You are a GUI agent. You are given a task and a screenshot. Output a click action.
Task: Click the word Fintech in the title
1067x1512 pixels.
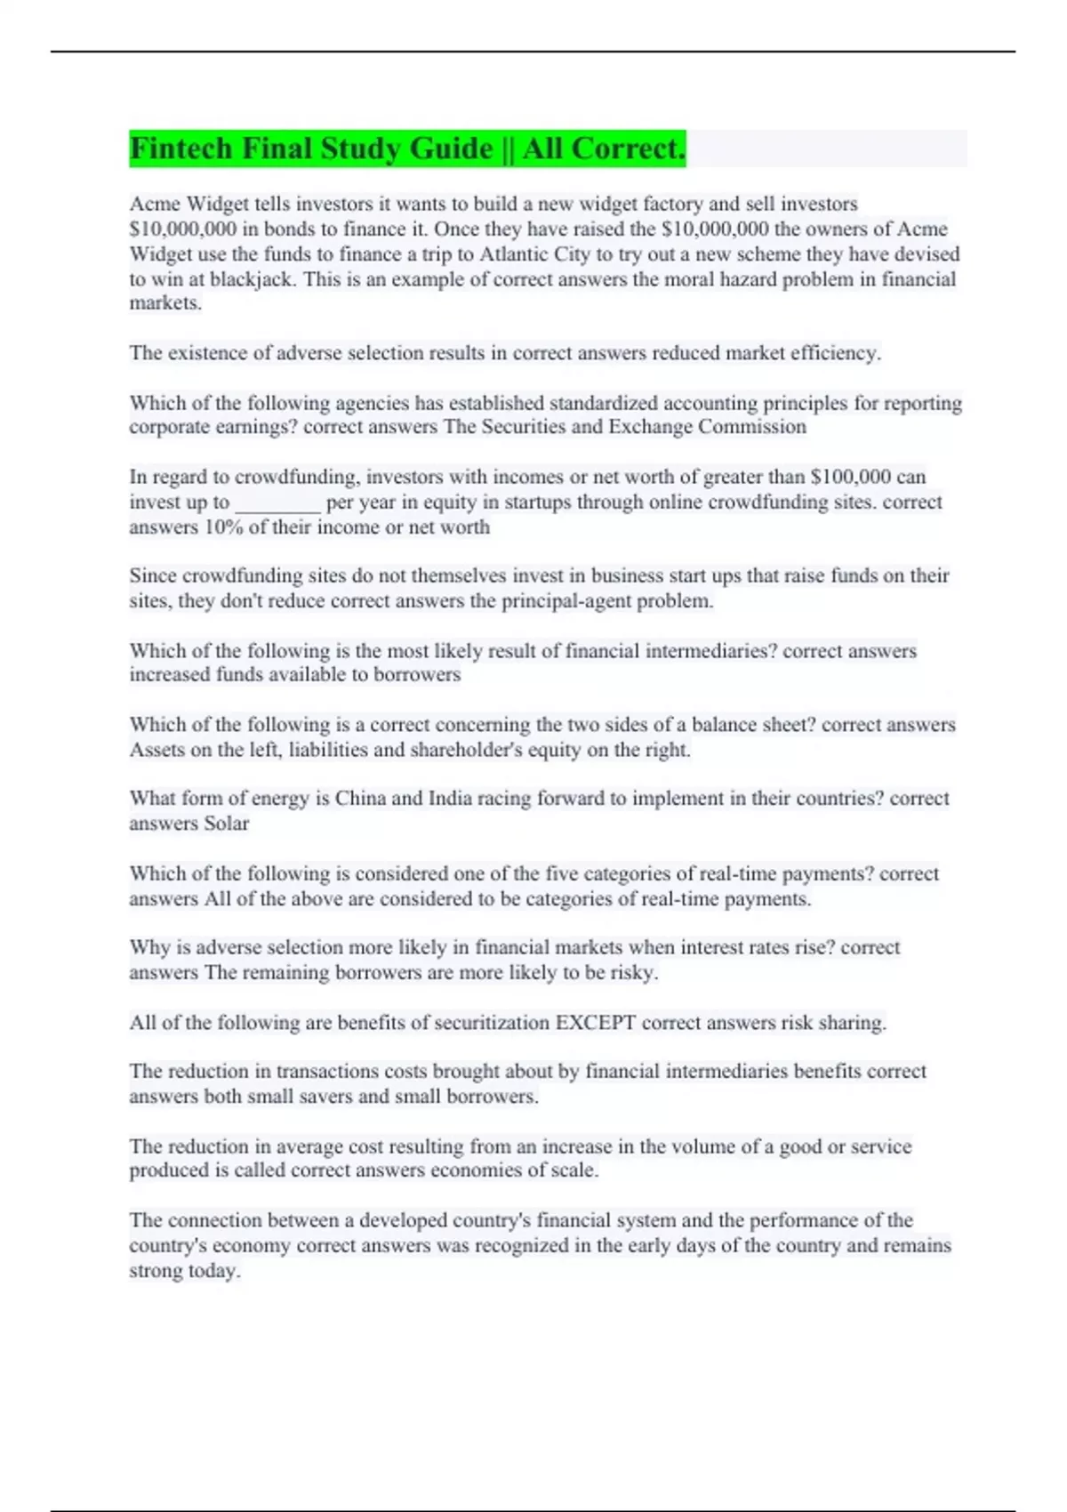[182, 149]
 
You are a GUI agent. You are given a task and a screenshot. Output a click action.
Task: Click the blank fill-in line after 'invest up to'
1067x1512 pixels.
[277, 503]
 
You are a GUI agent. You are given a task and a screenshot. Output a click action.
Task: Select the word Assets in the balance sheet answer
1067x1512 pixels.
[156, 750]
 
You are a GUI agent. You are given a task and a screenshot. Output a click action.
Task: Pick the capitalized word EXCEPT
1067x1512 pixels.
[595, 1023]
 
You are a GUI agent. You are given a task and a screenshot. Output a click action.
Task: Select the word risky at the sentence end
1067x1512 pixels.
[632, 973]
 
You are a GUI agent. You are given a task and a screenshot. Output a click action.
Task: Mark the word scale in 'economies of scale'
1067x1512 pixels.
[574, 1170]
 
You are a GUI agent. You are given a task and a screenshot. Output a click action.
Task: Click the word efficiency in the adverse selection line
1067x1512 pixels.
[835, 353]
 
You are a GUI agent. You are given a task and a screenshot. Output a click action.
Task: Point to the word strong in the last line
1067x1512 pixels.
[155, 1271]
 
